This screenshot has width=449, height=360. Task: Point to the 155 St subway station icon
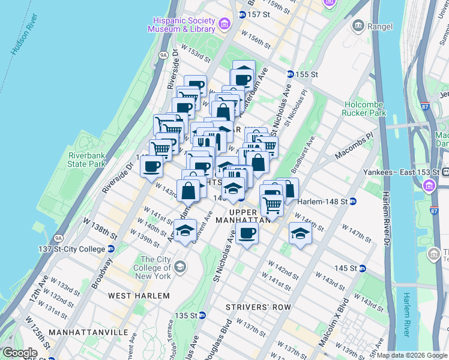291,74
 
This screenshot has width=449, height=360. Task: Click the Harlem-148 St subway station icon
354,201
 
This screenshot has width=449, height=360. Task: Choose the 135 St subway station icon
203,315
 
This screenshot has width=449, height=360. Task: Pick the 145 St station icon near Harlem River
363,268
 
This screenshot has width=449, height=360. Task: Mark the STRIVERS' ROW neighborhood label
258,307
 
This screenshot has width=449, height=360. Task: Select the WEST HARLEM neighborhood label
139,296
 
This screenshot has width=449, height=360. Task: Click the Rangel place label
381,26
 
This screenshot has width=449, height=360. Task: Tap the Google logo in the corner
19,353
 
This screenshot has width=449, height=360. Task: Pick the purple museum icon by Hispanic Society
224,25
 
